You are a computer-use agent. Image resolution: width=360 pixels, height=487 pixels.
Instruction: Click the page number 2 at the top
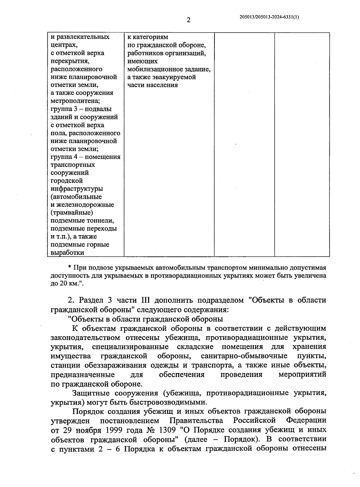188,20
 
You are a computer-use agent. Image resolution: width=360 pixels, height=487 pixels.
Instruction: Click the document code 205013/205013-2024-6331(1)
269,17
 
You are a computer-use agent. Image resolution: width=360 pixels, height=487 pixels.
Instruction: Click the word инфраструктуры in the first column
77,189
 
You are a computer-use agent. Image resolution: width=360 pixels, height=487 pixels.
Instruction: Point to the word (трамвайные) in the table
72,213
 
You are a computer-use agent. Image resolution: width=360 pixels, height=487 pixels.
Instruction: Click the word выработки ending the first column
67,253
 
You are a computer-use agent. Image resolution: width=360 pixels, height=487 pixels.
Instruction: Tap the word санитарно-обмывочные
244,356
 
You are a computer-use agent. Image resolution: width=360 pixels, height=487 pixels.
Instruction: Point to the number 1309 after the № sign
168,430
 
